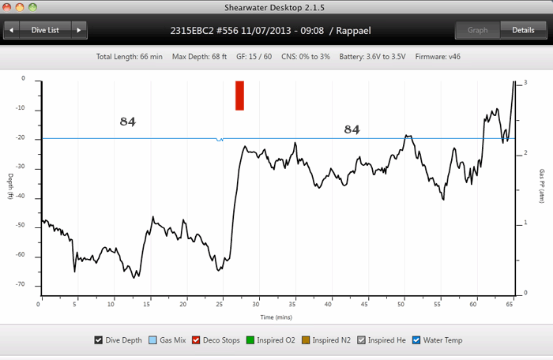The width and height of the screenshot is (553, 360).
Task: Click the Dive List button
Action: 44,31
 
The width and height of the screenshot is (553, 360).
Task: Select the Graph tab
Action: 477,31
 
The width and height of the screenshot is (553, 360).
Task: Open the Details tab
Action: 523,31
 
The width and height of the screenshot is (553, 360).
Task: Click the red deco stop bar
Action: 239,96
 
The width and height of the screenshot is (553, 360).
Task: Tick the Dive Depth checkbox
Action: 99,340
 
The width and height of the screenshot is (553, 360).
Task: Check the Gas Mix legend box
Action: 153,340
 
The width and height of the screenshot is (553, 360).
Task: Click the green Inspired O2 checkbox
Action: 251,340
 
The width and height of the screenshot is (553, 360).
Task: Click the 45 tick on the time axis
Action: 366,303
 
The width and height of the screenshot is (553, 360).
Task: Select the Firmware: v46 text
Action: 431,57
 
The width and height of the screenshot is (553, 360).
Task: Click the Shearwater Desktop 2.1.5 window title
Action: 276,6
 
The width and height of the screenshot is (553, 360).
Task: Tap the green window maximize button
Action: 34,6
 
